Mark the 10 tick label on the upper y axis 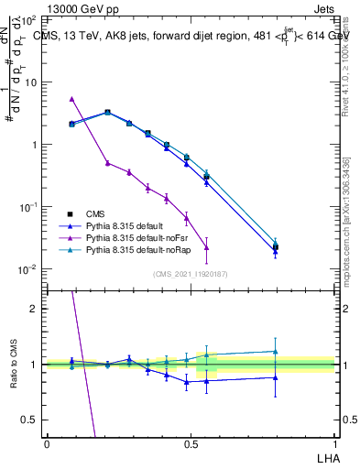tap(31, 82)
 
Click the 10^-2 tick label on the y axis tap(27, 269)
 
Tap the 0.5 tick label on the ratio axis tap(30, 420)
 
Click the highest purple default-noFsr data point tap(71, 98)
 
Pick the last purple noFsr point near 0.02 tap(207, 247)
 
